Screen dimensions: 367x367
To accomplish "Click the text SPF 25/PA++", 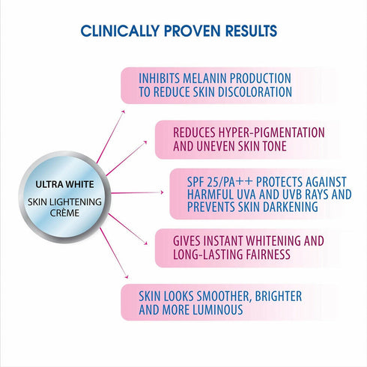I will pyautogui.click(x=217, y=181).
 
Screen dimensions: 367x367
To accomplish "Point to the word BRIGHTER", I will pyautogui.click(x=278, y=296).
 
